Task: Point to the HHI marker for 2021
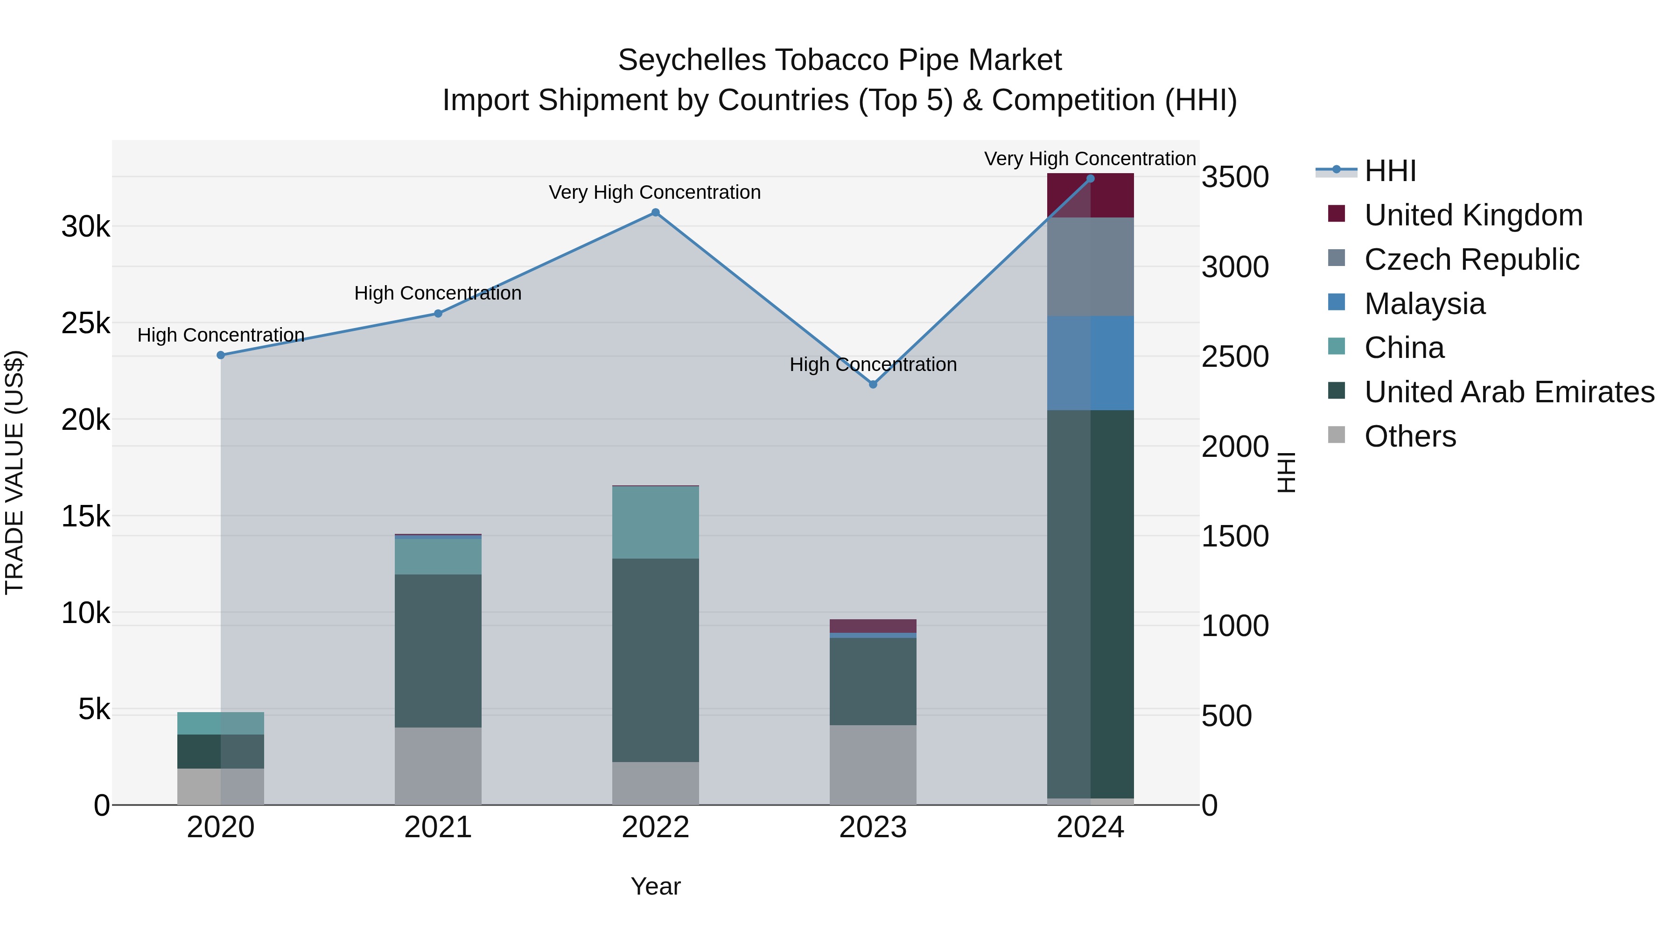tap(438, 314)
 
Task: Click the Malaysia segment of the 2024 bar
tap(1091, 363)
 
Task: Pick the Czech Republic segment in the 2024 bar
tap(1091, 267)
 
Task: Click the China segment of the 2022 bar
tap(656, 522)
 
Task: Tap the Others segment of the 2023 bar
tap(873, 765)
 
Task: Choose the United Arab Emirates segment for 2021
tap(438, 651)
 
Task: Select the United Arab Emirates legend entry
tap(1509, 392)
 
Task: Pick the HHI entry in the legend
tap(1389, 171)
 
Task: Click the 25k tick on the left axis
tap(85, 323)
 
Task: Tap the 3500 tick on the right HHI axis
tap(1234, 177)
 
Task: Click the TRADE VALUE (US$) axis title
tap(14, 472)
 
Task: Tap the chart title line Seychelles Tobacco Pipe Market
tap(840, 60)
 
